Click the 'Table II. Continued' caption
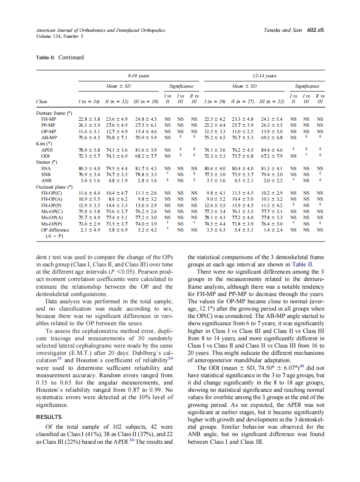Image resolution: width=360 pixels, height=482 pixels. click(60, 58)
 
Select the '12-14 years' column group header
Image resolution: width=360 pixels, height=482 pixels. click(265, 76)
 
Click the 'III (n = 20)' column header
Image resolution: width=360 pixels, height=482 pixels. click(144, 102)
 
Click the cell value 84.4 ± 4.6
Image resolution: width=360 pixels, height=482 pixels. click(272, 150)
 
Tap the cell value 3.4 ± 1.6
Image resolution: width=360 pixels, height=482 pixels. click(88, 181)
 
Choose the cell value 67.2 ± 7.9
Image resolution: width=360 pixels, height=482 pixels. click(272, 156)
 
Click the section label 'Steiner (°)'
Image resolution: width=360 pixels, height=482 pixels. click(48, 162)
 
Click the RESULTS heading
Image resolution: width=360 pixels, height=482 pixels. click(49, 417)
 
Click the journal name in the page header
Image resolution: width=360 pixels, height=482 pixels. click(101, 31)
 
